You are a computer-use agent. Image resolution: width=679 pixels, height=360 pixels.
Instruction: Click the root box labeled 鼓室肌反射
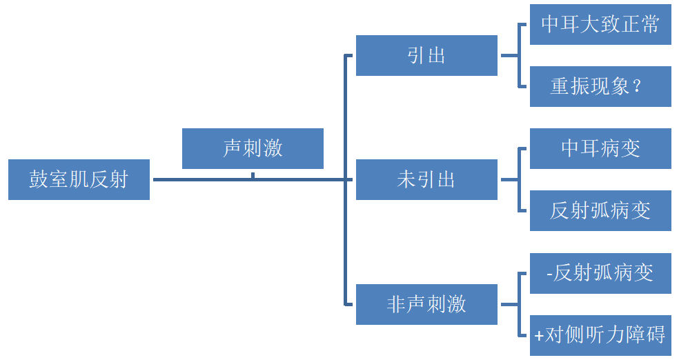point(79,180)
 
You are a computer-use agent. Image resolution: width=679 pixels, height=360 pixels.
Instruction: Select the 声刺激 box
point(253,148)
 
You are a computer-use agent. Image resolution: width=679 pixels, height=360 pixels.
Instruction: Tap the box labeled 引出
point(426,55)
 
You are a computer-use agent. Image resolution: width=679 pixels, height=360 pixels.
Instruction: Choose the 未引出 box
point(426,180)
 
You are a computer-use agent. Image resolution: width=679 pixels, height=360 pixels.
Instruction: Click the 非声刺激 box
point(426,304)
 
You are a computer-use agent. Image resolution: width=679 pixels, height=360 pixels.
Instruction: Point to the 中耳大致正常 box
point(600,25)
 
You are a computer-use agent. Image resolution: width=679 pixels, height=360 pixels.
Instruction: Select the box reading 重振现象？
point(600,86)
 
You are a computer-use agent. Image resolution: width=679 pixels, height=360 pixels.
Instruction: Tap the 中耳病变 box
point(600,148)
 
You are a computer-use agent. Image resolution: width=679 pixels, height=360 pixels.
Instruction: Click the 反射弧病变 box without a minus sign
point(600,210)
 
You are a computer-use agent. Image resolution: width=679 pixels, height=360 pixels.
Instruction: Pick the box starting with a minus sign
point(600,273)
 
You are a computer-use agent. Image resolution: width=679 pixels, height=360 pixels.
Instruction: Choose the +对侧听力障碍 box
point(600,335)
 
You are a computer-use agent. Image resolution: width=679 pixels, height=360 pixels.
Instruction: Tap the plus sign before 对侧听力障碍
point(539,336)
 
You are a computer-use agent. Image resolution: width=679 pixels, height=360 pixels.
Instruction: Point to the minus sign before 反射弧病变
point(549,274)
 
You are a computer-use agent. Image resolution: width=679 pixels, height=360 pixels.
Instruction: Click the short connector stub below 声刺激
point(253,175)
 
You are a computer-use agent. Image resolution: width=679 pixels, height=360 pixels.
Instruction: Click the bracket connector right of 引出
point(518,55)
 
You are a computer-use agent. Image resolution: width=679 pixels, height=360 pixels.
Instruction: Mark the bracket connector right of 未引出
point(518,180)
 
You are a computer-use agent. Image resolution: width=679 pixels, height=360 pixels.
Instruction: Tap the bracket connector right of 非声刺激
point(518,304)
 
